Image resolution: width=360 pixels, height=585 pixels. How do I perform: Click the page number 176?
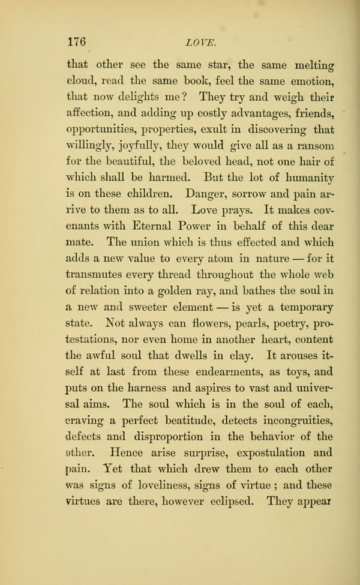coord(77,41)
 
